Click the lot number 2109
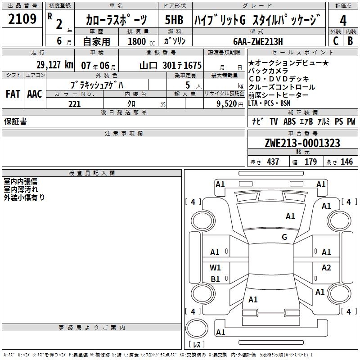[x=22, y=19]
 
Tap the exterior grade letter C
[x=335, y=40]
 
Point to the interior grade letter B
[x=351, y=40]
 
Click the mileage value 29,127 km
[x=55, y=65]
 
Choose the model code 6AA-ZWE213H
[x=264, y=41]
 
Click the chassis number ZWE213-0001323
[x=302, y=143]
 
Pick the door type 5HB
[x=174, y=21]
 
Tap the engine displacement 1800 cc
[x=140, y=41]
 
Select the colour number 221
[x=74, y=104]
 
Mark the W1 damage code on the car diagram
[x=215, y=268]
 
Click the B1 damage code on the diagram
[x=215, y=279]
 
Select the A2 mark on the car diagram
[x=326, y=268]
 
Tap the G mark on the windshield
[x=284, y=237]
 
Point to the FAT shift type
[x=13, y=94]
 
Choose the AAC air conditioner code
[x=34, y=94]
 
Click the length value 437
[x=273, y=162]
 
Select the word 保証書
[x=15, y=121]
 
